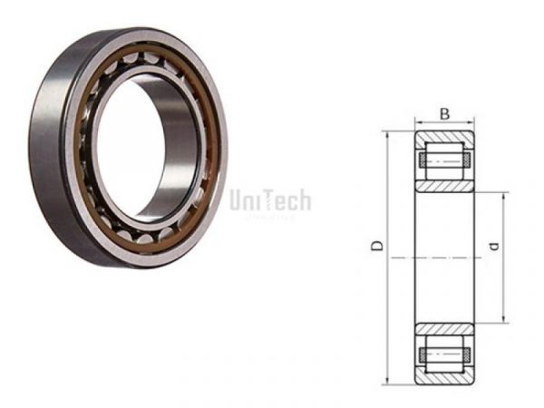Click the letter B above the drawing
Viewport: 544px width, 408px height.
444,113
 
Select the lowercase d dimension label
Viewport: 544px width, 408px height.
492,246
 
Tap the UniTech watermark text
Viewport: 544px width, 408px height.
270,199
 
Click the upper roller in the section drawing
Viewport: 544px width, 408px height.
444,161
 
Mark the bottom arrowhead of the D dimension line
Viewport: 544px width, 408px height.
386,379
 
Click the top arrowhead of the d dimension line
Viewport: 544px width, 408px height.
502,197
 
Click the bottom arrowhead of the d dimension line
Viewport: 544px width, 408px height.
502,319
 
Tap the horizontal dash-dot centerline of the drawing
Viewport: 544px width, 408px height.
444,258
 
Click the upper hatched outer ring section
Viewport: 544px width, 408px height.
444,141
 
